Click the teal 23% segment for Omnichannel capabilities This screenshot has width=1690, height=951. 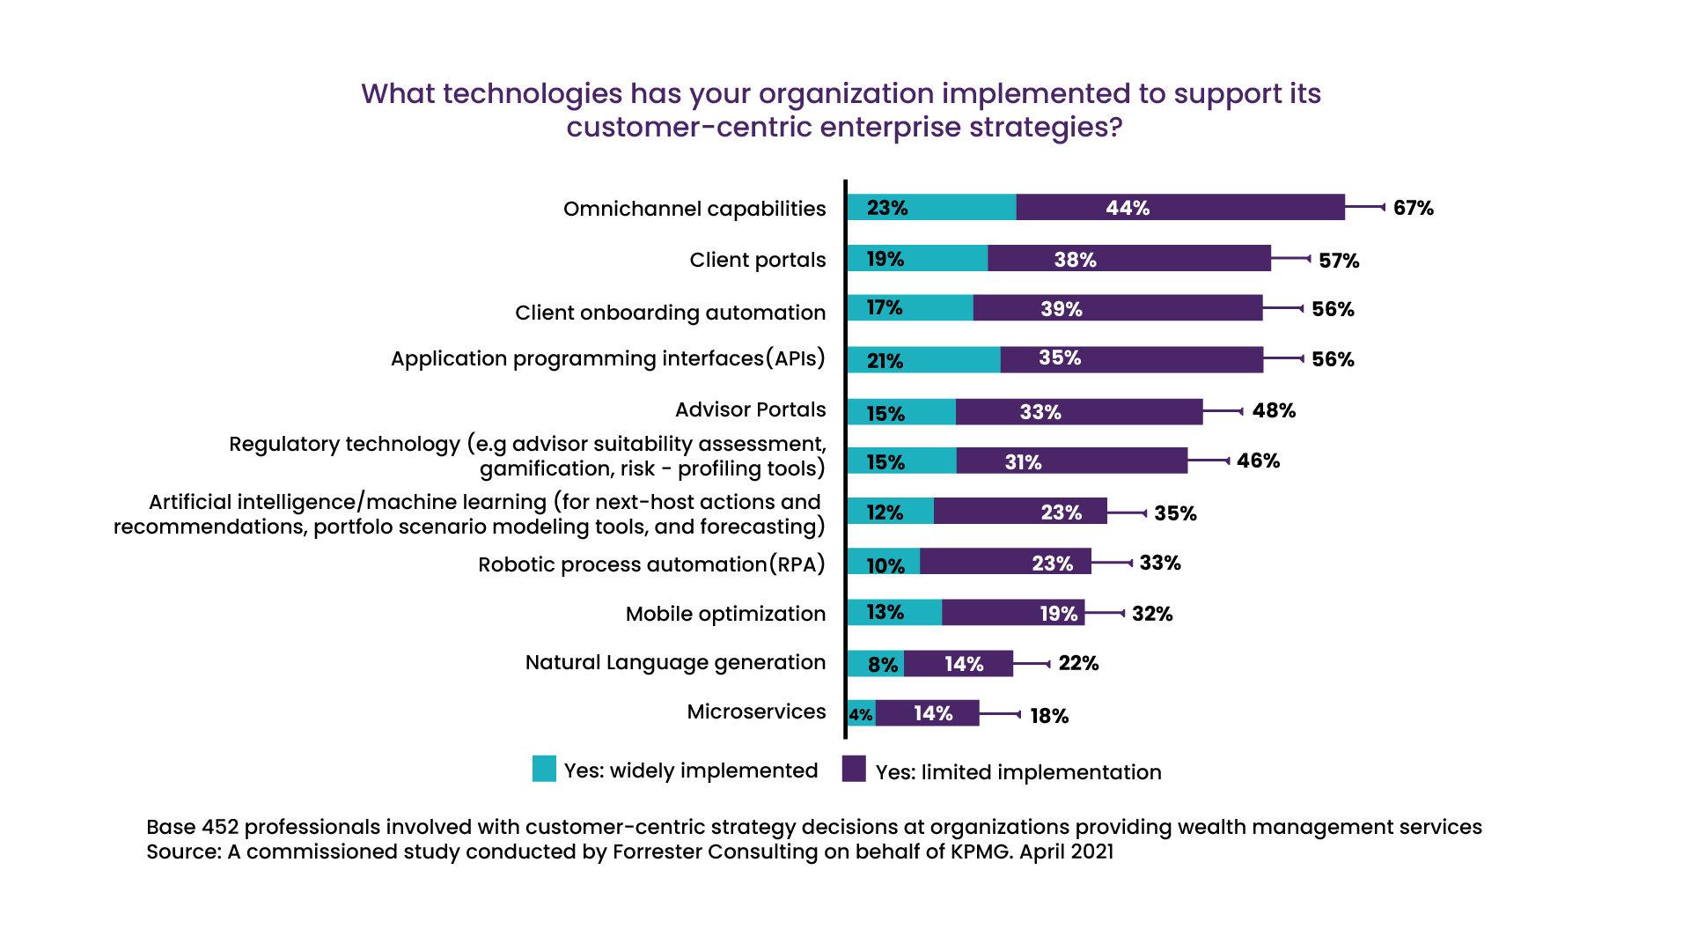click(x=931, y=208)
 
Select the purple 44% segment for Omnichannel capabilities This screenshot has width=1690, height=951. click(x=1179, y=208)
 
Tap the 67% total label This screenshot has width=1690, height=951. click(x=1413, y=209)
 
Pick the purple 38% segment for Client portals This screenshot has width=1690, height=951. click(x=1128, y=259)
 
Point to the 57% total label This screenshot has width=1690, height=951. click(x=1339, y=261)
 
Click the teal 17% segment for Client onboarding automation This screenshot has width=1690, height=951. click(x=910, y=308)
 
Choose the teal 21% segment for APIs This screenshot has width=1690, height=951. click(x=923, y=360)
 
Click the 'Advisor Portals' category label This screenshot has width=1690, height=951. click(x=750, y=409)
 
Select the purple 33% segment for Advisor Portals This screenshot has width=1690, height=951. click(x=1078, y=412)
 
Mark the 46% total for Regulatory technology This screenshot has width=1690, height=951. click(x=1258, y=461)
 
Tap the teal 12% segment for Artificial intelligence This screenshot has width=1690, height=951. click(x=890, y=512)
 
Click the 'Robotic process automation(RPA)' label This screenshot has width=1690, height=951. click(x=651, y=564)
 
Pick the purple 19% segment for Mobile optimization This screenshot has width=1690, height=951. click(x=1012, y=613)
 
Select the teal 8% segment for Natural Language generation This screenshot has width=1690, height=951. click(x=876, y=664)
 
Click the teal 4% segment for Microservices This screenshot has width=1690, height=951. click(x=861, y=714)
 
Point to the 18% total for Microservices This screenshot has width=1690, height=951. click(x=1049, y=716)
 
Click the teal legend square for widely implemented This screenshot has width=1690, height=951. click(x=544, y=769)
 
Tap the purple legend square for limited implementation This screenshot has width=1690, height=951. click(x=854, y=769)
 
